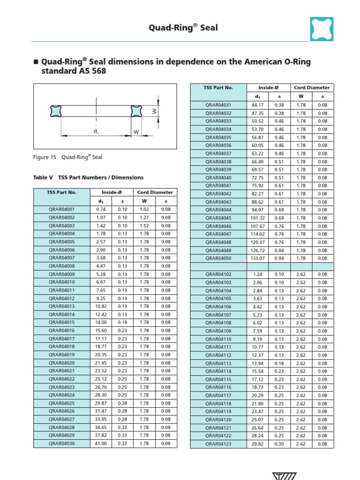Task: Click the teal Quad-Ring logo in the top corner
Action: click(322, 29)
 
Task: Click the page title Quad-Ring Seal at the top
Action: click(183, 28)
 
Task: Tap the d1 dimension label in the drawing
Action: click(96, 132)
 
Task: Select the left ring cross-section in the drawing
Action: click(56, 111)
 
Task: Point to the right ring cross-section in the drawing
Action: click(136, 111)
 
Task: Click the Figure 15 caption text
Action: click(68, 157)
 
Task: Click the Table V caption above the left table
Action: click(89, 178)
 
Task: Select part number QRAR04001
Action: click(61, 210)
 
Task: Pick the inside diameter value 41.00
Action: click(101, 443)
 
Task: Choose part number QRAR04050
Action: click(218, 258)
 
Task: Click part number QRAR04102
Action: click(218, 274)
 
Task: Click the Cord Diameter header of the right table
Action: click(312, 88)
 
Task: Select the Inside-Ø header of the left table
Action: click(112, 192)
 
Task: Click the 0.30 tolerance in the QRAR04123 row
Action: click(279, 444)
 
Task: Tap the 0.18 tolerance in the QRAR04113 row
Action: click(279, 363)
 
